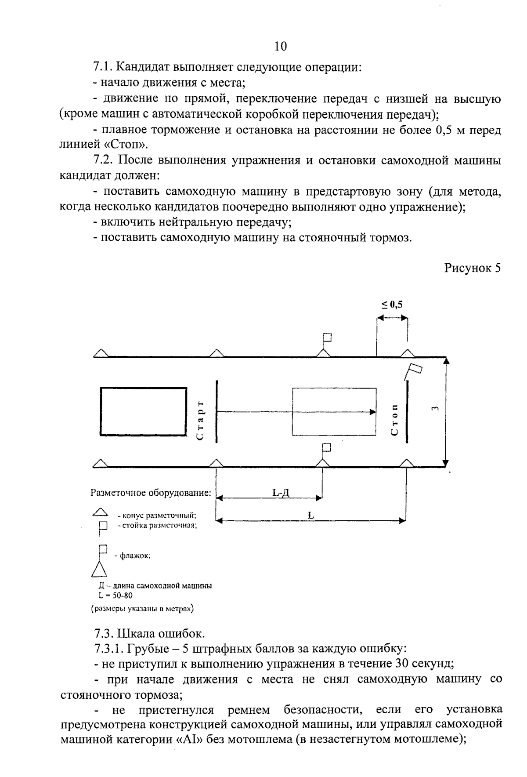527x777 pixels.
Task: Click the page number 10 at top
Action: [x=280, y=46]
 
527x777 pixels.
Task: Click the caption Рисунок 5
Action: [x=472, y=268]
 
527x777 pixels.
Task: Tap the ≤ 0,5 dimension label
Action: [x=392, y=304]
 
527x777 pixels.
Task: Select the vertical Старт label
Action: [x=200, y=420]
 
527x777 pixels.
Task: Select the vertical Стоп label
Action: [x=394, y=420]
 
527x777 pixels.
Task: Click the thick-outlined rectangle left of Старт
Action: [x=143, y=411]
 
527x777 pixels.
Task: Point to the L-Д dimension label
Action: [x=281, y=493]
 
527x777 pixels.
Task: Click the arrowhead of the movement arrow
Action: [x=373, y=412]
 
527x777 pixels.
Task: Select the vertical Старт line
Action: [x=217, y=411]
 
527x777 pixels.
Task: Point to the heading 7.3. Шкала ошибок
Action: [x=149, y=634]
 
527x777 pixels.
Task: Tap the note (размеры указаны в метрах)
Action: [x=143, y=609]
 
